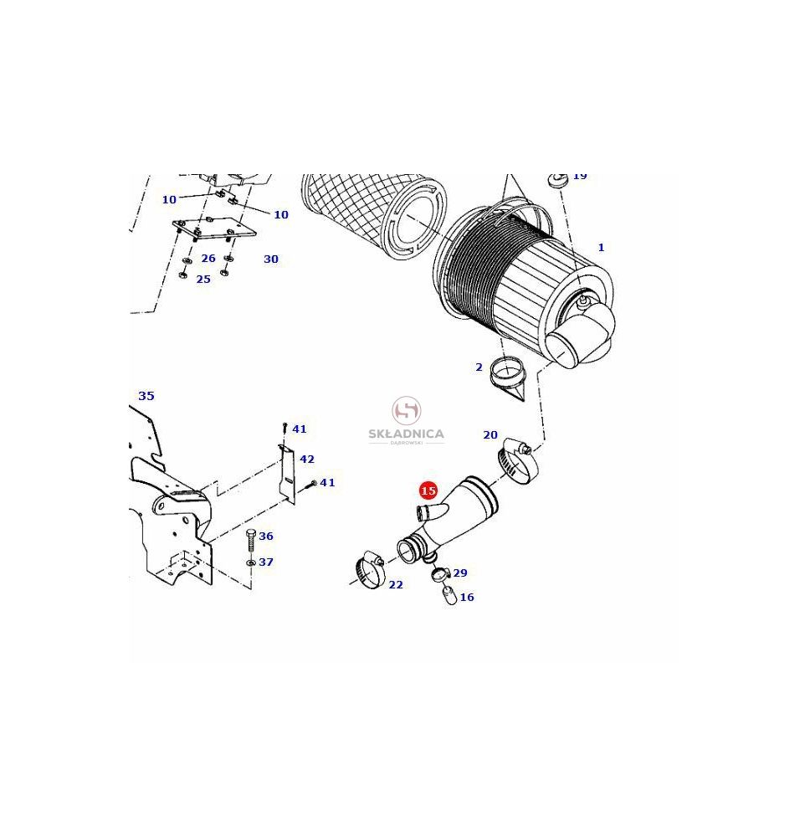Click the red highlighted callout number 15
[428, 490]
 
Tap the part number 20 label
[490, 435]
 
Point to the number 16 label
[467, 598]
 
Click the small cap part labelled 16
[449, 595]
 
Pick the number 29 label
[460, 573]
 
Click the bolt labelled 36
[251, 542]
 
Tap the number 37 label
[266, 562]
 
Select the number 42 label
[307, 459]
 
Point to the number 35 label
[146, 396]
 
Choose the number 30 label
[271, 259]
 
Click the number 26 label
[208, 259]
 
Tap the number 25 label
[203, 280]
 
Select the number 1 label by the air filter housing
[601, 247]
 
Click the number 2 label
[479, 367]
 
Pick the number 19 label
[580, 176]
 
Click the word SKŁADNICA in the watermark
[406, 434]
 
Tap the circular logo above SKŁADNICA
[407, 410]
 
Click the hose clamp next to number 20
[518, 460]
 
